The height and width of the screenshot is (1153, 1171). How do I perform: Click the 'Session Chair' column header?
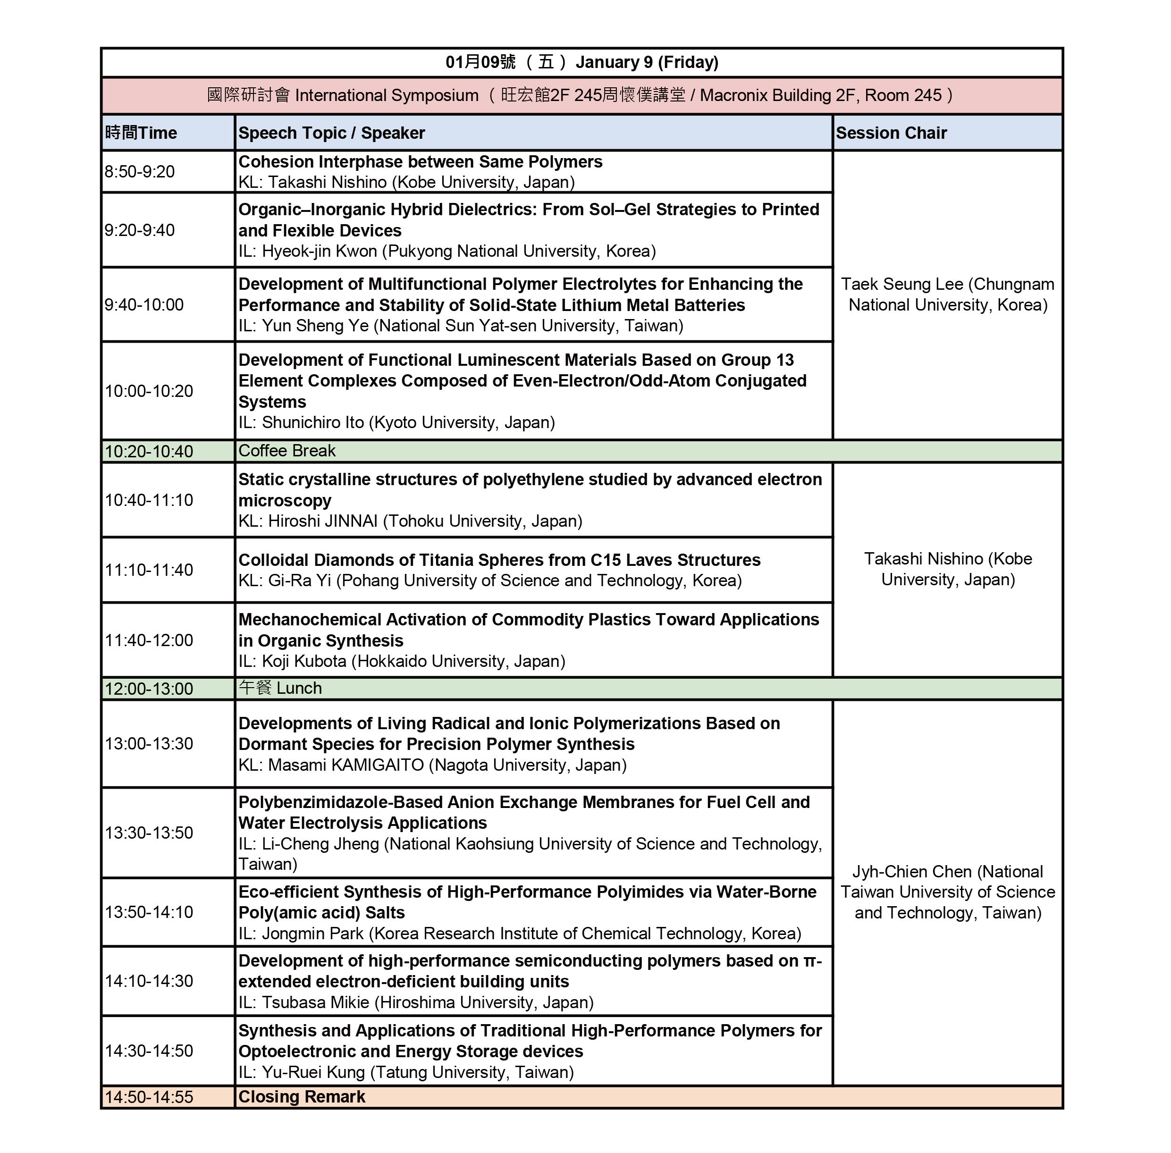891,133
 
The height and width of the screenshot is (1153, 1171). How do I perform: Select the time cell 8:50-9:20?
139,172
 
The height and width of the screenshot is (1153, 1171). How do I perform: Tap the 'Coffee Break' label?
286,451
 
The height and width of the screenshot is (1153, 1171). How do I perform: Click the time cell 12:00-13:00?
149,689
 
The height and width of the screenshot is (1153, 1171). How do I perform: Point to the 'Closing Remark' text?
302,1097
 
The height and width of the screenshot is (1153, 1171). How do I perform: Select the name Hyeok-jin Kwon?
319,251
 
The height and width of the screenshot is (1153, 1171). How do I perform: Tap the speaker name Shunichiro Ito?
312,423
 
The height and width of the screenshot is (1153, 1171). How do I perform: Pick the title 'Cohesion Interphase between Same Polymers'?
420,162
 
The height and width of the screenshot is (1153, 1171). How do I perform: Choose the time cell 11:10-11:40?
149,570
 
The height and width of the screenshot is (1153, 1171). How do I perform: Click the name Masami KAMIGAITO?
345,766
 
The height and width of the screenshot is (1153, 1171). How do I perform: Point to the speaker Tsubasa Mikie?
315,1003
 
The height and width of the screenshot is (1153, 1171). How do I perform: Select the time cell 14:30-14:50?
149,1051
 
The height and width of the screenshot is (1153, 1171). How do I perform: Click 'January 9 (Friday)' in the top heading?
646,62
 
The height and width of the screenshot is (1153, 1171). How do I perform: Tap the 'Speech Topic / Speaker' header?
331,133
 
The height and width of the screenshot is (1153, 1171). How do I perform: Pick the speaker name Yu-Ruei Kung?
314,1072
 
